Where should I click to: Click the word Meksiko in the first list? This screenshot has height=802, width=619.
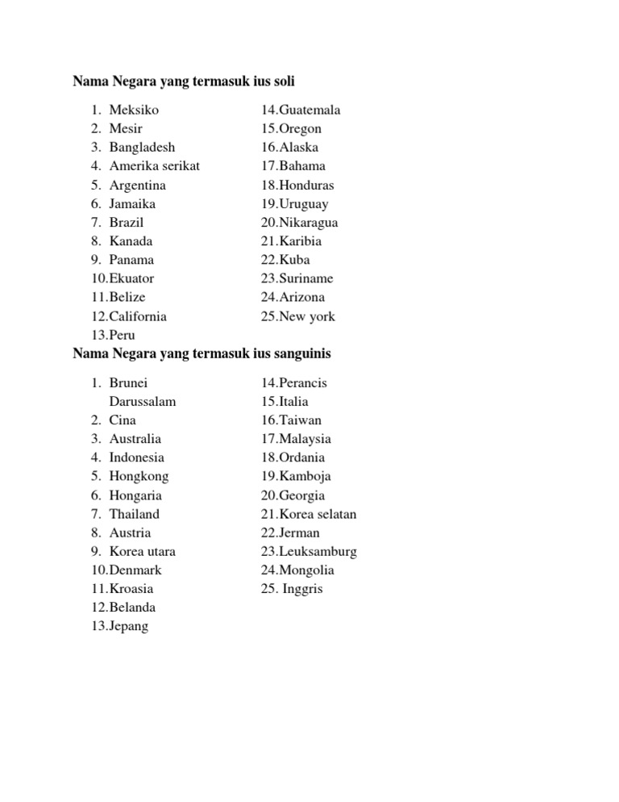[134, 110]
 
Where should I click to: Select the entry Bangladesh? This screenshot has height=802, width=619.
[142, 147]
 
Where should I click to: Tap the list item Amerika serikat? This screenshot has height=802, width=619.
[154, 165]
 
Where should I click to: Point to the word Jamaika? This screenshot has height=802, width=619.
[132, 203]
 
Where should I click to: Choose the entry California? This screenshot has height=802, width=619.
[138, 316]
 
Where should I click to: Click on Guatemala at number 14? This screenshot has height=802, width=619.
[309, 110]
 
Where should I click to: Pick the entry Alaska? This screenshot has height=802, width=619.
[299, 147]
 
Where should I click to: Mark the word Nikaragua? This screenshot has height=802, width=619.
[309, 222]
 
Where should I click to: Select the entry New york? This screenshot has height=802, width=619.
[307, 316]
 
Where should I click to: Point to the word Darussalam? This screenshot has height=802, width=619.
[143, 401]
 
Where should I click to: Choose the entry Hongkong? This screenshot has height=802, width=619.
[139, 476]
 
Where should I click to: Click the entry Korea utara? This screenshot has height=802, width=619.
[142, 551]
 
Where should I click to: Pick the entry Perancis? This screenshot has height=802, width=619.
[303, 382]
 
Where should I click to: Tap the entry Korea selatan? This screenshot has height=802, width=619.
[318, 514]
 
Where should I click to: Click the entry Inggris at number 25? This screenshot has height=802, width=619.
[302, 589]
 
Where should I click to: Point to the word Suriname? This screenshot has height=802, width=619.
[306, 278]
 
